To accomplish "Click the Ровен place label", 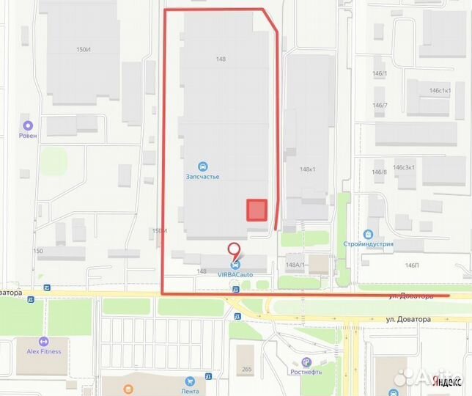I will coord(29,136).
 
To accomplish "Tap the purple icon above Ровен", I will coord(29,125).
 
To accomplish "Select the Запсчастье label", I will coord(202,177).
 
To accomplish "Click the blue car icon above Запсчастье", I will coord(202,166).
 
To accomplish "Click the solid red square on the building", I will coord(256,210).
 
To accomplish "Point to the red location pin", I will coord(235,251).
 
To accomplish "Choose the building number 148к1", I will coord(307,169).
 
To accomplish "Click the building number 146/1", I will coord(380,73).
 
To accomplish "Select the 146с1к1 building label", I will coord(440,90).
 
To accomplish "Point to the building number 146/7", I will coord(380,105).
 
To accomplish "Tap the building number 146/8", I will coord(380,172).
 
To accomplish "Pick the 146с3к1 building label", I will coord(404,167).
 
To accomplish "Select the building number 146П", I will coord(412,265).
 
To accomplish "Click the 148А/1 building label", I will coord(295,265).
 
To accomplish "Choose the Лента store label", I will coord(191,391).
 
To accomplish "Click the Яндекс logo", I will coord(446,381).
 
